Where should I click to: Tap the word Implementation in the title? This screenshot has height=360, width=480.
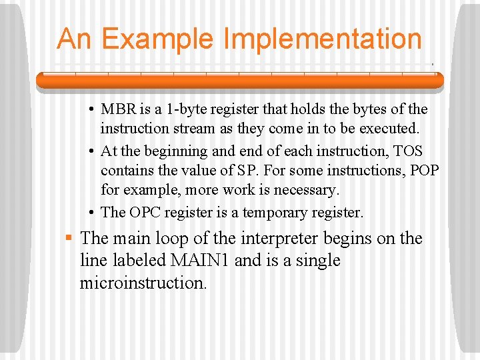(323, 39)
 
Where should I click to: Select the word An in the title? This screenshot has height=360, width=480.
(74, 39)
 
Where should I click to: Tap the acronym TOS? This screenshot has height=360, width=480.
(408, 151)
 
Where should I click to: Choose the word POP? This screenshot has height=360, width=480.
(425, 171)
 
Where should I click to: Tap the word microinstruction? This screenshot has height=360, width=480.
(143, 283)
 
